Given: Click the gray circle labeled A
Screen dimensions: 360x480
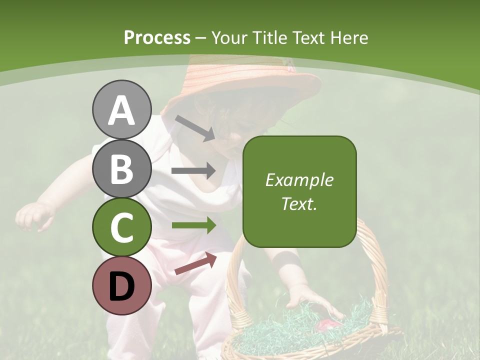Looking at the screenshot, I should coord(121,109).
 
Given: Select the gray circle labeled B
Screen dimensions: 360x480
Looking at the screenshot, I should coord(121,168).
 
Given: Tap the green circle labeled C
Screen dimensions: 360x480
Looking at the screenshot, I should coord(121,227).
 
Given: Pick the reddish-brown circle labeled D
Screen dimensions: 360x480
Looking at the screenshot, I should coord(121,286).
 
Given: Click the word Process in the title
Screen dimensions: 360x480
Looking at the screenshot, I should coord(157,38).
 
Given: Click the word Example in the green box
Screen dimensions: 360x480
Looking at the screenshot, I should coord(299,180).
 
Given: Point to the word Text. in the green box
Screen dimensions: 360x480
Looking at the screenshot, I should coord(299,203).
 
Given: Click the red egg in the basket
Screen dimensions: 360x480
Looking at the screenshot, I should coord(327,325).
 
